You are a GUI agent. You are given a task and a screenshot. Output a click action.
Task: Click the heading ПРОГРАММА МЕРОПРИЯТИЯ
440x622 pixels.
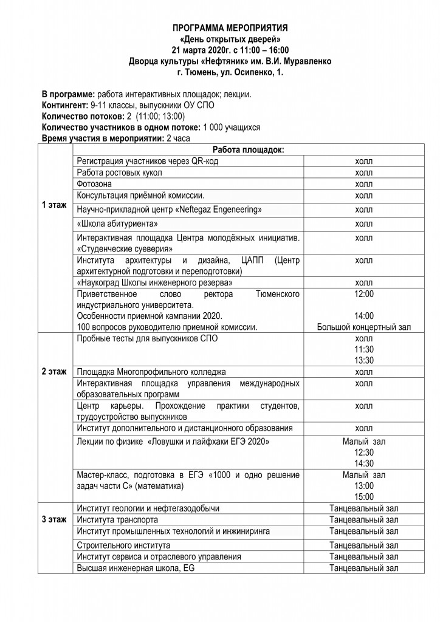click(x=230, y=29)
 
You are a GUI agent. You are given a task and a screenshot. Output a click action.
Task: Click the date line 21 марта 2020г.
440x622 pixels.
click(x=230, y=50)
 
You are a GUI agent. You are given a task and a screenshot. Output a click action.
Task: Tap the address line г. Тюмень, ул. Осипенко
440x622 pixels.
click(x=230, y=72)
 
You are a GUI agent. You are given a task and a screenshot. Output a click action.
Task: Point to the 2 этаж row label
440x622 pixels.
click(x=54, y=371)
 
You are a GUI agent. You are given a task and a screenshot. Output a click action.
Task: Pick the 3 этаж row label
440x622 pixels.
click(x=54, y=520)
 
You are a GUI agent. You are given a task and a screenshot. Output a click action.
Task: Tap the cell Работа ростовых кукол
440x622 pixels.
click(x=120, y=173)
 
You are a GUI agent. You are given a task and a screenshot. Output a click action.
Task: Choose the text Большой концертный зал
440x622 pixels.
click(x=363, y=327)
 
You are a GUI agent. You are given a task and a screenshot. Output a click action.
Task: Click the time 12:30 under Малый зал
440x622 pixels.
click(x=363, y=452)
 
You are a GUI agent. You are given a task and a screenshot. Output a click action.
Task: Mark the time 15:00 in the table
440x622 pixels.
click(x=363, y=496)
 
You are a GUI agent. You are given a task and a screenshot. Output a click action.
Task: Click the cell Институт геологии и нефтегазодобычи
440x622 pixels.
click(x=148, y=508)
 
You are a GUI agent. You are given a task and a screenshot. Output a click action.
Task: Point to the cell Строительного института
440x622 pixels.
click(x=123, y=545)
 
